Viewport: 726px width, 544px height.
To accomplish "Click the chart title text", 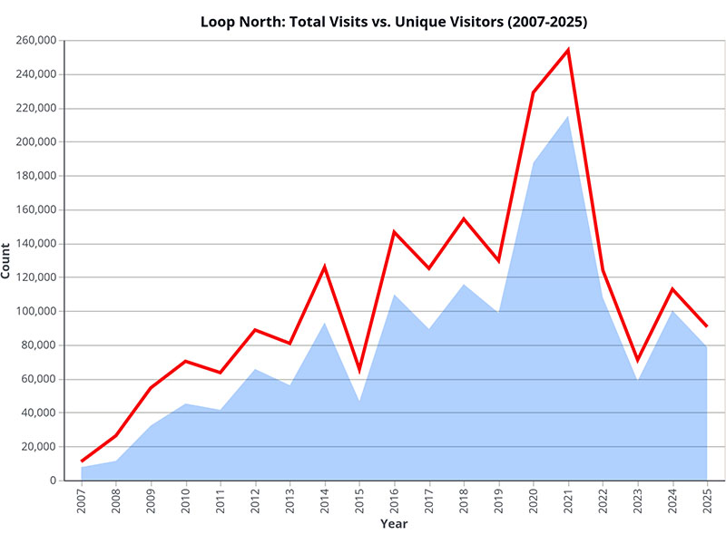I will pyautogui.click(x=394, y=22).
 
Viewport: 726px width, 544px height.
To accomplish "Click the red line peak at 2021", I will pyautogui.click(x=568, y=50).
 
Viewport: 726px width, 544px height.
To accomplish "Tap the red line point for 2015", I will pyautogui.click(x=359, y=369).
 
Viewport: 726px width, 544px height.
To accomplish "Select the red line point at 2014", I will pyautogui.click(x=325, y=267).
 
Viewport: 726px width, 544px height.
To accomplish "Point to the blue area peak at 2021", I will pyautogui.click(x=568, y=116).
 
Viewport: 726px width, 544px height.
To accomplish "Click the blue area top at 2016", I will pyautogui.click(x=395, y=295).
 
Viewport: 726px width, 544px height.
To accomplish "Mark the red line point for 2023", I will pyautogui.click(x=638, y=360).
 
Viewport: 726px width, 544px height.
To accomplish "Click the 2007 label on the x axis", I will pyautogui.click(x=82, y=499).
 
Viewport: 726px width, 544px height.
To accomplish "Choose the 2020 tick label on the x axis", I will pyautogui.click(x=534, y=499).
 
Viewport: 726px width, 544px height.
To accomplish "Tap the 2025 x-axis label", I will pyautogui.click(x=707, y=499).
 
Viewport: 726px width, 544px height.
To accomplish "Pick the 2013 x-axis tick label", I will pyautogui.click(x=290, y=499).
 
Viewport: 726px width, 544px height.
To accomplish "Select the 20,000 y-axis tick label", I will pyautogui.click(x=39, y=446).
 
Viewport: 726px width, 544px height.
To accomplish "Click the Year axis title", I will pyautogui.click(x=394, y=524).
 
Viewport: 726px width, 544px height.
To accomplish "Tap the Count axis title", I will pyautogui.click(x=7, y=260).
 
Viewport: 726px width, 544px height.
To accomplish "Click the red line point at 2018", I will pyautogui.click(x=464, y=219).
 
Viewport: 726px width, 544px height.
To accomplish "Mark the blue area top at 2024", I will pyautogui.click(x=672, y=311).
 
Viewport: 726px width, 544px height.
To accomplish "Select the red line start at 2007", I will pyautogui.click(x=82, y=461).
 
